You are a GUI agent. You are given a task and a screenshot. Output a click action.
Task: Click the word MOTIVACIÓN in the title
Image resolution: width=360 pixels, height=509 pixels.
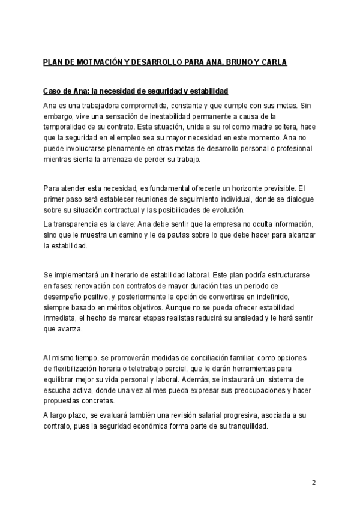102,62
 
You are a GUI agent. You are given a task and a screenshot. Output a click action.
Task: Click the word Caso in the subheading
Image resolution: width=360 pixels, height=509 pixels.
52,91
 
